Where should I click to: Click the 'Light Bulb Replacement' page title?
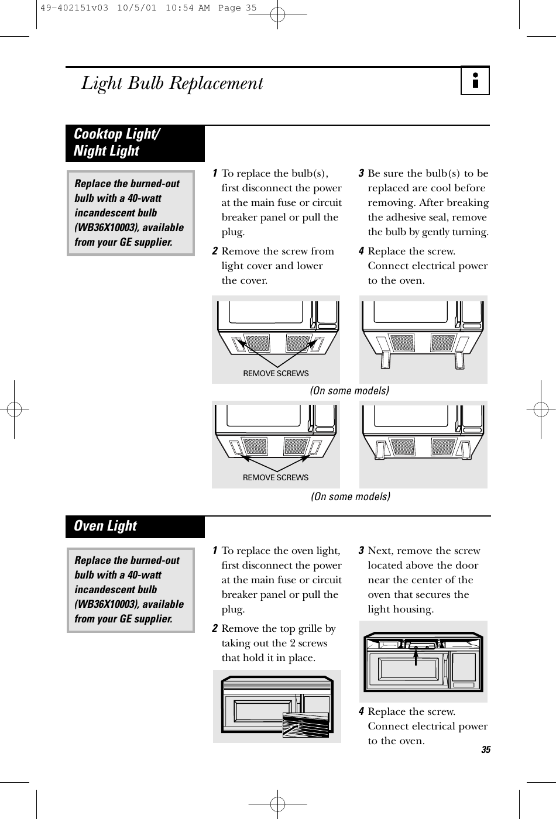click(x=172, y=84)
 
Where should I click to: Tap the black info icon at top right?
click(x=475, y=82)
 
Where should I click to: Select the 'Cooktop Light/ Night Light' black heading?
click(x=115, y=143)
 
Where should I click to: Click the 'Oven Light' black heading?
click(x=105, y=526)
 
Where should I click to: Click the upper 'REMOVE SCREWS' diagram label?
click(x=276, y=373)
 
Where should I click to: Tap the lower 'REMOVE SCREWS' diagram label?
click(x=276, y=477)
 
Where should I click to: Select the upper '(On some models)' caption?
click(x=349, y=390)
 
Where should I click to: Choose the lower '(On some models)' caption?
click(x=349, y=497)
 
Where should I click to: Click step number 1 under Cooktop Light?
click(x=216, y=173)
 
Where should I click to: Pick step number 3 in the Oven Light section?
click(x=362, y=550)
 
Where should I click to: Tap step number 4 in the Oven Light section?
click(x=362, y=711)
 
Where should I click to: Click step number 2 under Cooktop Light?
click(x=216, y=251)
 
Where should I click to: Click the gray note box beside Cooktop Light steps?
click(x=130, y=213)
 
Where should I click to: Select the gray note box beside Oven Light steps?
click(x=130, y=590)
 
